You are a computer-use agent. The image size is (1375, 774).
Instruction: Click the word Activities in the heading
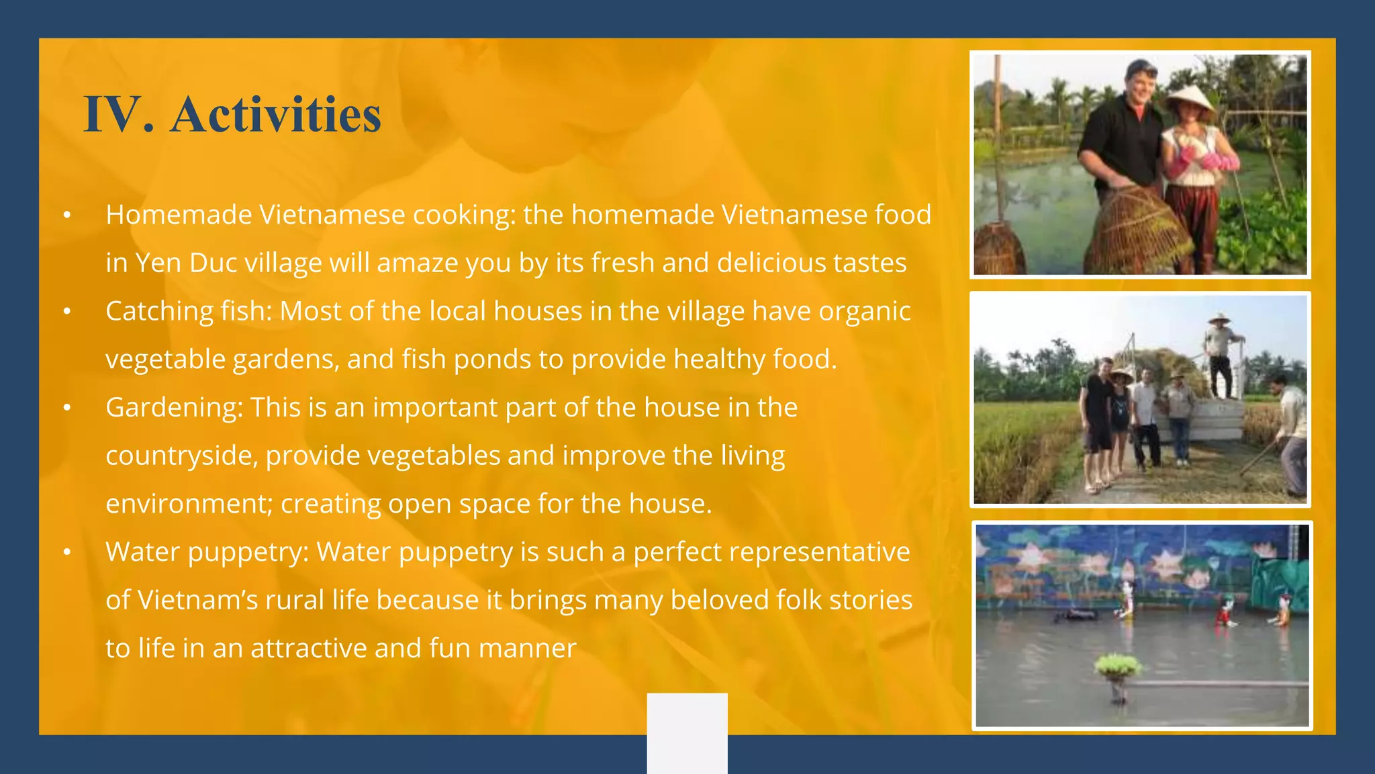[275, 114]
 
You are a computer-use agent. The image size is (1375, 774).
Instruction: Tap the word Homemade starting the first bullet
[178, 215]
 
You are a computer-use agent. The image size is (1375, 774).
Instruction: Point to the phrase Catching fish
[189, 311]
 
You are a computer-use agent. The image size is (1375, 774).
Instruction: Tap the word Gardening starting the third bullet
[174, 407]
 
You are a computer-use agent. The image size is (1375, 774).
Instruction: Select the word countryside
[181, 456]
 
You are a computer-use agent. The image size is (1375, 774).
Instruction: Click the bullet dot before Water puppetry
[66, 552]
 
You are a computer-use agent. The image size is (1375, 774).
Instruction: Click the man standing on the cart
[1220, 356]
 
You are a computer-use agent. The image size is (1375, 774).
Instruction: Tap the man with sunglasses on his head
[1128, 134]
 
